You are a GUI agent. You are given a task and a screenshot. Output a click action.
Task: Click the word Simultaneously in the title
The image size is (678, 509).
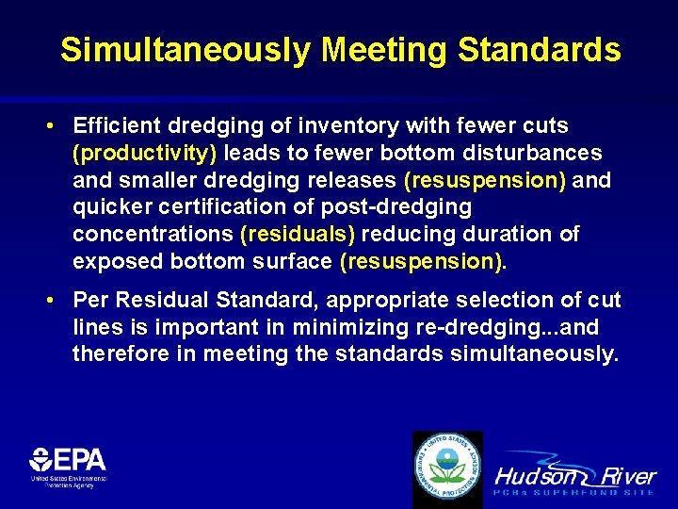coord(184,50)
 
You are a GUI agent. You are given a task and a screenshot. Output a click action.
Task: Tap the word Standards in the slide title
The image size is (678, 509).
coord(540,50)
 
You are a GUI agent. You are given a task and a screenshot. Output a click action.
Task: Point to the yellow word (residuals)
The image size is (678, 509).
coord(298,234)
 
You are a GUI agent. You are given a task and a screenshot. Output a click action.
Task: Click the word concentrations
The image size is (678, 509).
coord(154,234)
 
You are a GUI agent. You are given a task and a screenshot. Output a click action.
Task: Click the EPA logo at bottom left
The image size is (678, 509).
coord(68,466)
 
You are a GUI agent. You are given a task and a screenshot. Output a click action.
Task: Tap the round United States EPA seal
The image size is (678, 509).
coord(448,468)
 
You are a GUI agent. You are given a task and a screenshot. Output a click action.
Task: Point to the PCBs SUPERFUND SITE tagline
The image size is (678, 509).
coord(574,492)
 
